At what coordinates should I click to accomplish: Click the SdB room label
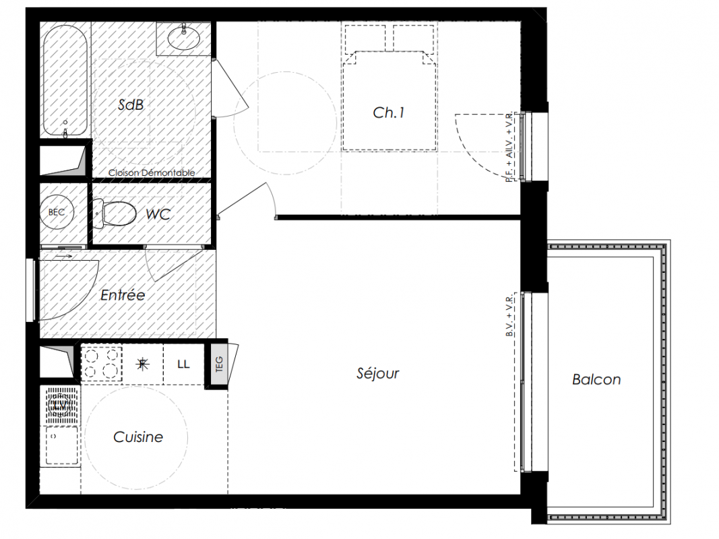pos(131,104)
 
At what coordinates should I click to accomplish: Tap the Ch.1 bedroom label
pos(388,113)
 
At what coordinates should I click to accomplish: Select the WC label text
pos(158,214)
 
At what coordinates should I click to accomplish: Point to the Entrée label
pos(123,294)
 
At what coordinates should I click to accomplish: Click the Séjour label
pos(378,373)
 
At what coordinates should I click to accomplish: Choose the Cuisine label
pos(138,437)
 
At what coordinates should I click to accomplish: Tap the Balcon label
pos(596,379)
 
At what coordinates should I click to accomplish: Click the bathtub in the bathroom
pos(65,81)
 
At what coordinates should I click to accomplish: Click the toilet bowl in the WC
pos(115,214)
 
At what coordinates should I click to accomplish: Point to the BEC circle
pos(57,212)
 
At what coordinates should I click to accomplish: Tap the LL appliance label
pos(183,364)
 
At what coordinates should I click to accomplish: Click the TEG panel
pos(219,364)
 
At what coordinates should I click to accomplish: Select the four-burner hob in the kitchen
pos(102,364)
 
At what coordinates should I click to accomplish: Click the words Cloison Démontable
pos(152,172)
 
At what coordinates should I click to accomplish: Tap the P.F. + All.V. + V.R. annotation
pos(510,148)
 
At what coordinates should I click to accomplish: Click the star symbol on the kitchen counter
pos(143,364)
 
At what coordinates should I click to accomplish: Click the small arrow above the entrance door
pos(64,256)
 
